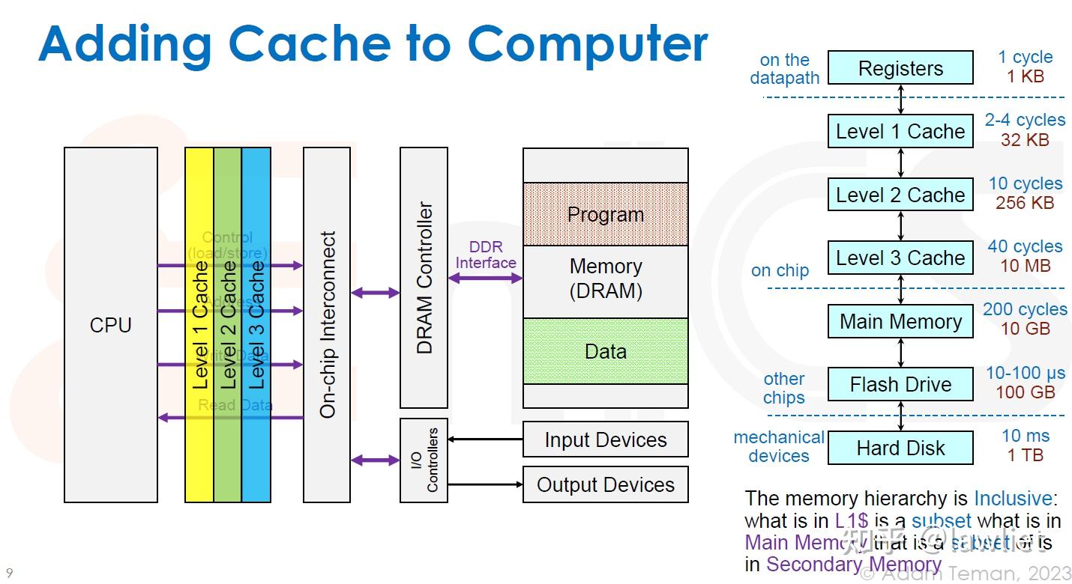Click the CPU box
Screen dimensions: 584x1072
pos(111,325)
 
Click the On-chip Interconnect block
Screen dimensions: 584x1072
pos(327,325)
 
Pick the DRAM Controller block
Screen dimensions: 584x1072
pos(424,278)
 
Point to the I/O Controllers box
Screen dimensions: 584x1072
pos(424,460)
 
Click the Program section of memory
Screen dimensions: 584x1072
pos(605,215)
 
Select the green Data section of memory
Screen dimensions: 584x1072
pos(605,351)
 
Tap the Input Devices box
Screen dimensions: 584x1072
pos(605,439)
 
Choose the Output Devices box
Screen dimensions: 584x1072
pos(605,484)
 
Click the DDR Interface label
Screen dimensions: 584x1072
pos(486,255)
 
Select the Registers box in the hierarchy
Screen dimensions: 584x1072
pos(900,68)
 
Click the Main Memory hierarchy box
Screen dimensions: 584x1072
pos(900,321)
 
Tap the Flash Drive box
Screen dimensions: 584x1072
pos(900,385)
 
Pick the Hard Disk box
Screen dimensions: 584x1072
pos(900,448)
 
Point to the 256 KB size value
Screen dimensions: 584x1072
pos(1025,203)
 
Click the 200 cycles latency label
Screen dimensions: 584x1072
pos(1025,309)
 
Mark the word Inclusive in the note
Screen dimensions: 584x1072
pos(1013,499)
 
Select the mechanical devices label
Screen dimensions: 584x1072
pos(779,446)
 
